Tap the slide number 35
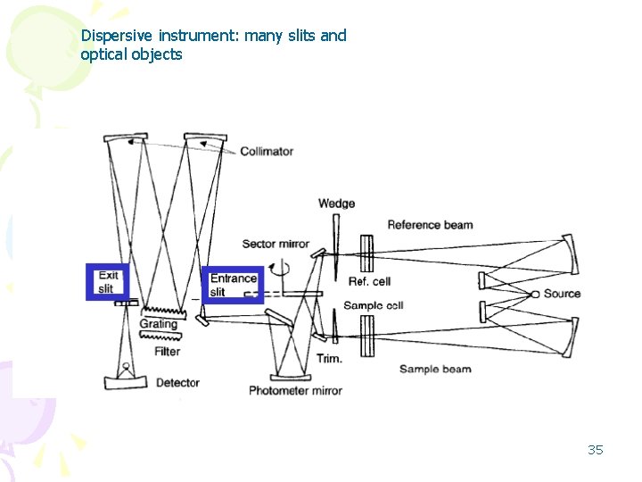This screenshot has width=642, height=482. coord(596,449)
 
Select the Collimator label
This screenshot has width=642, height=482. coord(266,152)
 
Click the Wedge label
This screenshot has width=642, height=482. coord(336,204)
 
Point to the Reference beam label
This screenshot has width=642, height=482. coord(430,225)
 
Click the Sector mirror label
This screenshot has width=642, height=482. coord(276,244)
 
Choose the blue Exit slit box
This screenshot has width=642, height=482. coord(107,282)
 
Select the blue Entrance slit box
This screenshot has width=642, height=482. coord(233,285)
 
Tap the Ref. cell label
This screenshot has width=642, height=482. coord(369,282)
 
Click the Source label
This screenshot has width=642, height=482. coord(562,294)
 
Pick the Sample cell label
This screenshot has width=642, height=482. coord(374,306)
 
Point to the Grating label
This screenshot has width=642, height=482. coord(159,324)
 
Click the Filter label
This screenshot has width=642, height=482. coord(167,352)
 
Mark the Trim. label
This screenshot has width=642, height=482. coord(329,359)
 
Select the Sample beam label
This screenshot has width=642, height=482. coord(435,369)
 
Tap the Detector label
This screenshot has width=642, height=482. coord(177,383)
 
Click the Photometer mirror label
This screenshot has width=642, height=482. coord(295,391)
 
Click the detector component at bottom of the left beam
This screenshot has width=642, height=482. coord(126,379)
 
